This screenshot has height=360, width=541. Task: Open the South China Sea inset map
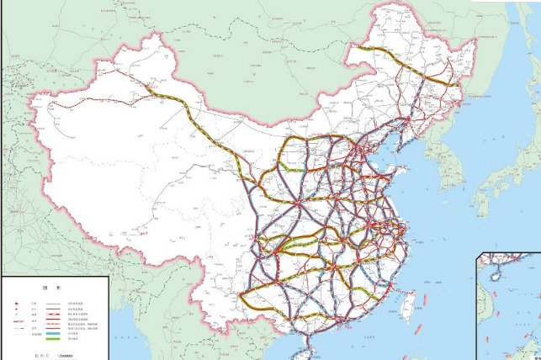tap(509, 307)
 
